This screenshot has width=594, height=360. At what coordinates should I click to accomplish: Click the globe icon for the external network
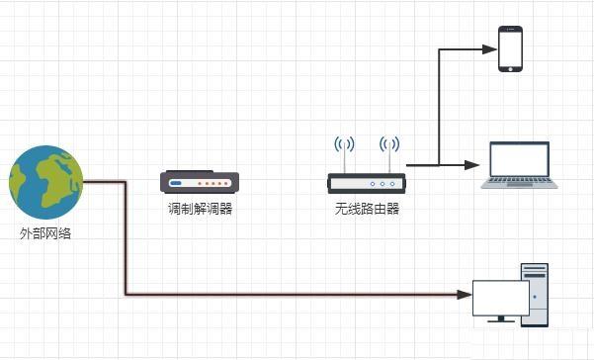coord(45,182)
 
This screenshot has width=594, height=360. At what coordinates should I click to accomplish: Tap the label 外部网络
coord(45,234)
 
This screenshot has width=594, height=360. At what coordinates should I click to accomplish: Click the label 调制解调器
coord(200,209)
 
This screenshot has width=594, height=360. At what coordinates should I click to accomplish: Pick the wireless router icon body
coord(366,183)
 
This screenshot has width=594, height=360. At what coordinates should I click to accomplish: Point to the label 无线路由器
coord(367,209)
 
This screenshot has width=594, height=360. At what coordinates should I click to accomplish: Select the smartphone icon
coord(510,48)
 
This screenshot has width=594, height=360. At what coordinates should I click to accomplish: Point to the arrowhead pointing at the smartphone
coord(485,48)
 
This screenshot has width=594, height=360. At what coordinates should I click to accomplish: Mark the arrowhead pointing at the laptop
coord(474,165)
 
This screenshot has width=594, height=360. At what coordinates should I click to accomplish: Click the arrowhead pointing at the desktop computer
coord(466,294)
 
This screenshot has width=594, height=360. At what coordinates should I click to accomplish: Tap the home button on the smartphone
coord(510,67)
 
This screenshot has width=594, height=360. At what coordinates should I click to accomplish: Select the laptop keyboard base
coord(520,183)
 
